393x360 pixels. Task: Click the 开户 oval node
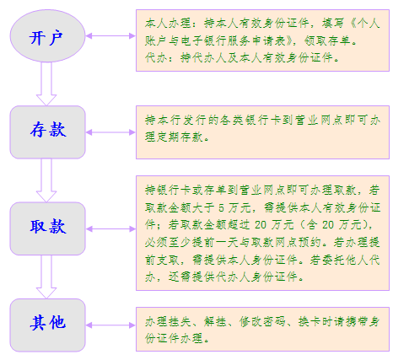pos(47,36)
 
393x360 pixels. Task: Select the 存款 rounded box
pos(47,132)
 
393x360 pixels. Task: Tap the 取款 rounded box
pos(47,228)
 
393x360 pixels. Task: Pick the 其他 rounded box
pos(47,325)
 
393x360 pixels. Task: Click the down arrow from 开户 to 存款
pos(46,83)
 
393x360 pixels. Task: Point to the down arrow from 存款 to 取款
pos(46,180)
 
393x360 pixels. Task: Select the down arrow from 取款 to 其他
pos(46,277)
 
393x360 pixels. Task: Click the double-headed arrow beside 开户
pos(110,36)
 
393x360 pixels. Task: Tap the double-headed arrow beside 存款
pos(110,132)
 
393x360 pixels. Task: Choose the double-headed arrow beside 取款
pos(110,229)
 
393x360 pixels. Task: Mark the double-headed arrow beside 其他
pos(110,325)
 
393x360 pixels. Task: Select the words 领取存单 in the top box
pos(328,40)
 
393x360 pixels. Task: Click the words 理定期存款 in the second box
pos(174,137)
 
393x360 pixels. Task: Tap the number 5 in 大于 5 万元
pos(222,208)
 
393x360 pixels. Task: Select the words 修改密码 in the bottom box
pos(262,321)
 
